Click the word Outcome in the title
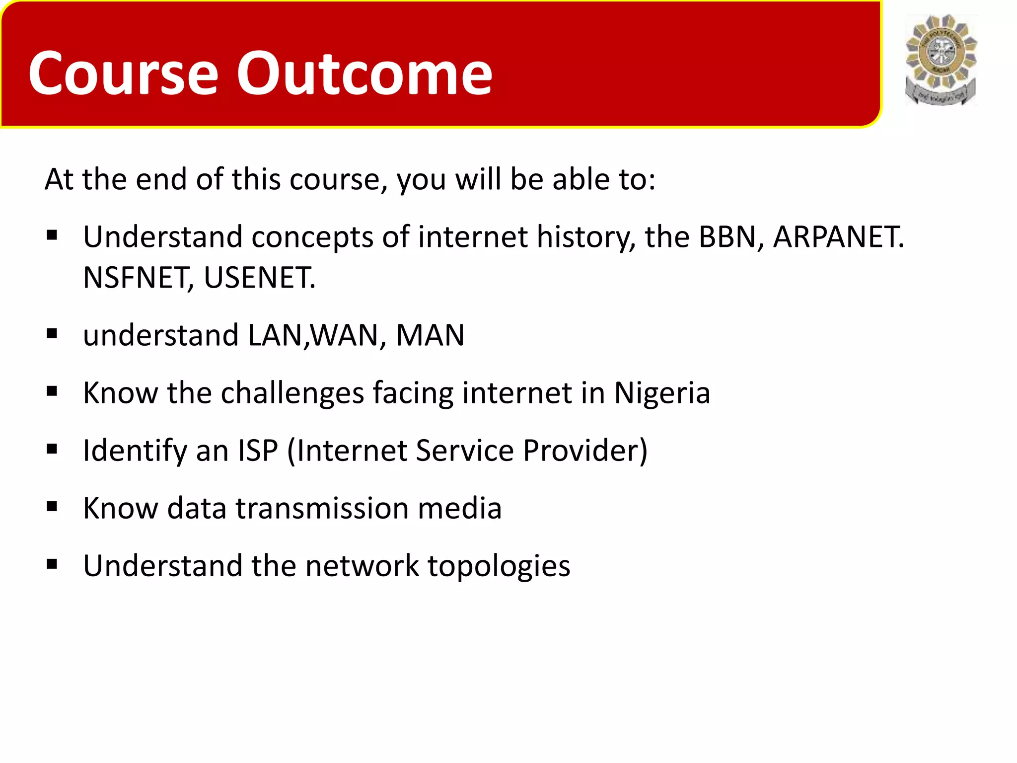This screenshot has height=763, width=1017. [x=364, y=74]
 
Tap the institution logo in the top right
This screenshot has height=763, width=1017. [x=941, y=60]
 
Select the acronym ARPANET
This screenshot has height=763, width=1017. [x=838, y=237]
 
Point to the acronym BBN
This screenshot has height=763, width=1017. [x=727, y=237]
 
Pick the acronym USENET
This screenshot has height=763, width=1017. [x=259, y=278]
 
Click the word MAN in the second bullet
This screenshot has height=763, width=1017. [x=430, y=335]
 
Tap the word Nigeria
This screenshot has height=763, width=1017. [x=662, y=393]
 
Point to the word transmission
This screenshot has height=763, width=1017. [x=322, y=508]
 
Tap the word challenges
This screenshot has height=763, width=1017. [x=292, y=393]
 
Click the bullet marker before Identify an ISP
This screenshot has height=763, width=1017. [x=52, y=450]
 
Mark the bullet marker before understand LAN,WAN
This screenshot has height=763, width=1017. [x=52, y=334]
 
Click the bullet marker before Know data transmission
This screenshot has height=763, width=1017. [x=52, y=507]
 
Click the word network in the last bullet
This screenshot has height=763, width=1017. [x=362, y=566]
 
